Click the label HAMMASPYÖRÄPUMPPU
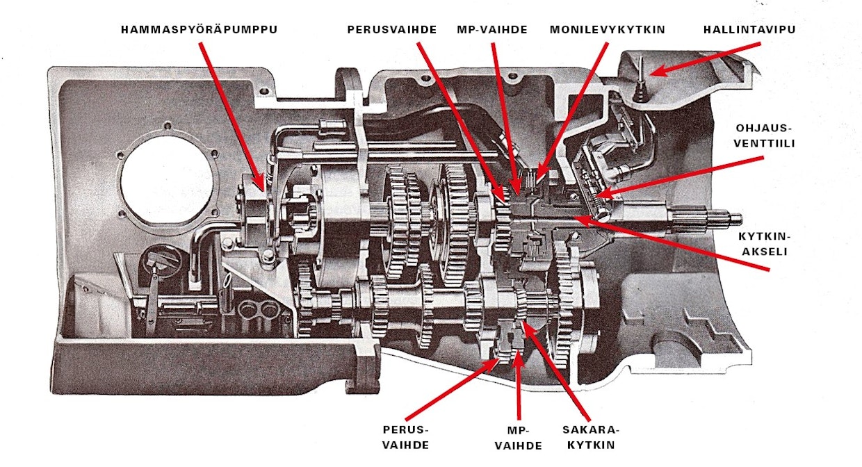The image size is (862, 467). [199, 30]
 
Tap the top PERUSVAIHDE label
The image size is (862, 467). [393, 30]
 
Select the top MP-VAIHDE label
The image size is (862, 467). [492, 30]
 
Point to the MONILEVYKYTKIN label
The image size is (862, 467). [607, 30]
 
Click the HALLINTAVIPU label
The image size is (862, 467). [749, 30]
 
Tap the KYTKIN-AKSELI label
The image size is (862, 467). [763, 244]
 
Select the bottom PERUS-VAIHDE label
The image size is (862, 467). [405, 437]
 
